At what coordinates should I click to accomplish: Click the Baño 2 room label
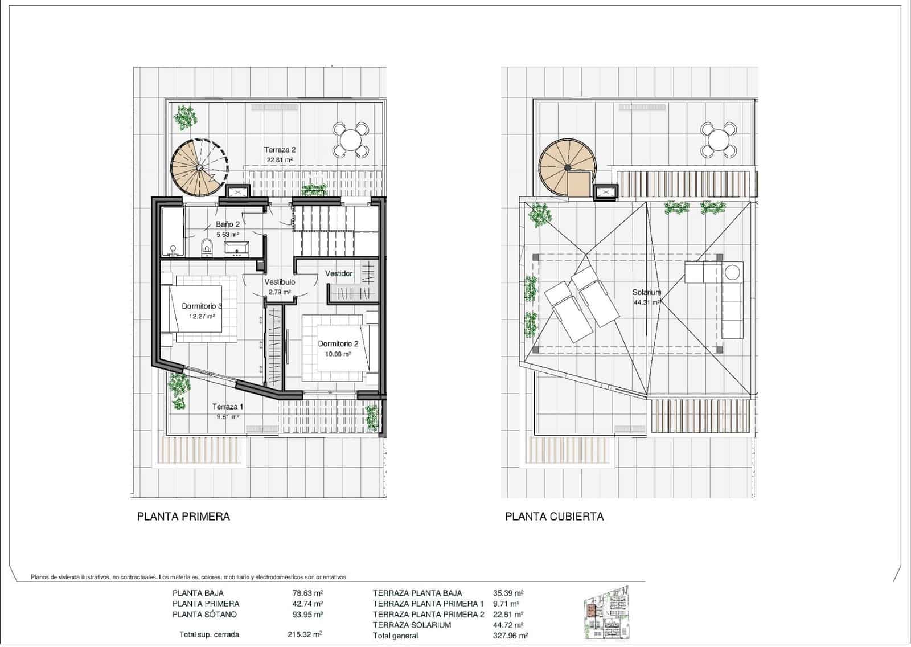(227, 224)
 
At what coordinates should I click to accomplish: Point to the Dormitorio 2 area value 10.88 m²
(338, 354)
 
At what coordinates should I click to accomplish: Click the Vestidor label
(339, 274)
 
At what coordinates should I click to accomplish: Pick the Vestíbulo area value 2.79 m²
(280, 292)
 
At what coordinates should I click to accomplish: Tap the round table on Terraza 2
(349, 140)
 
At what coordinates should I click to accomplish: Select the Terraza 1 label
(228, 407)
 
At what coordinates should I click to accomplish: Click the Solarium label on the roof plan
(647, 293)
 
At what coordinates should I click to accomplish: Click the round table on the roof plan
(717, 140)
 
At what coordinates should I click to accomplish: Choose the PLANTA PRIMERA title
(183, 517)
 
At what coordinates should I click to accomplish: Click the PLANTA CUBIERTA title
(554, 517)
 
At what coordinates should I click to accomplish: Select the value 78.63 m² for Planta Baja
(307, 593)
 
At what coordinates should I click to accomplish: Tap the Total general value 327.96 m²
(510, 636)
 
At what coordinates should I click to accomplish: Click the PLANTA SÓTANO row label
(204, 615)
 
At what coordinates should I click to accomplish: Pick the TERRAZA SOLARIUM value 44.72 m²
(508, 625)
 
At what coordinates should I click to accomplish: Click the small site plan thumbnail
(607, 618)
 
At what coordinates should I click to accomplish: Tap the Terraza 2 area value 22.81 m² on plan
(279, 160)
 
